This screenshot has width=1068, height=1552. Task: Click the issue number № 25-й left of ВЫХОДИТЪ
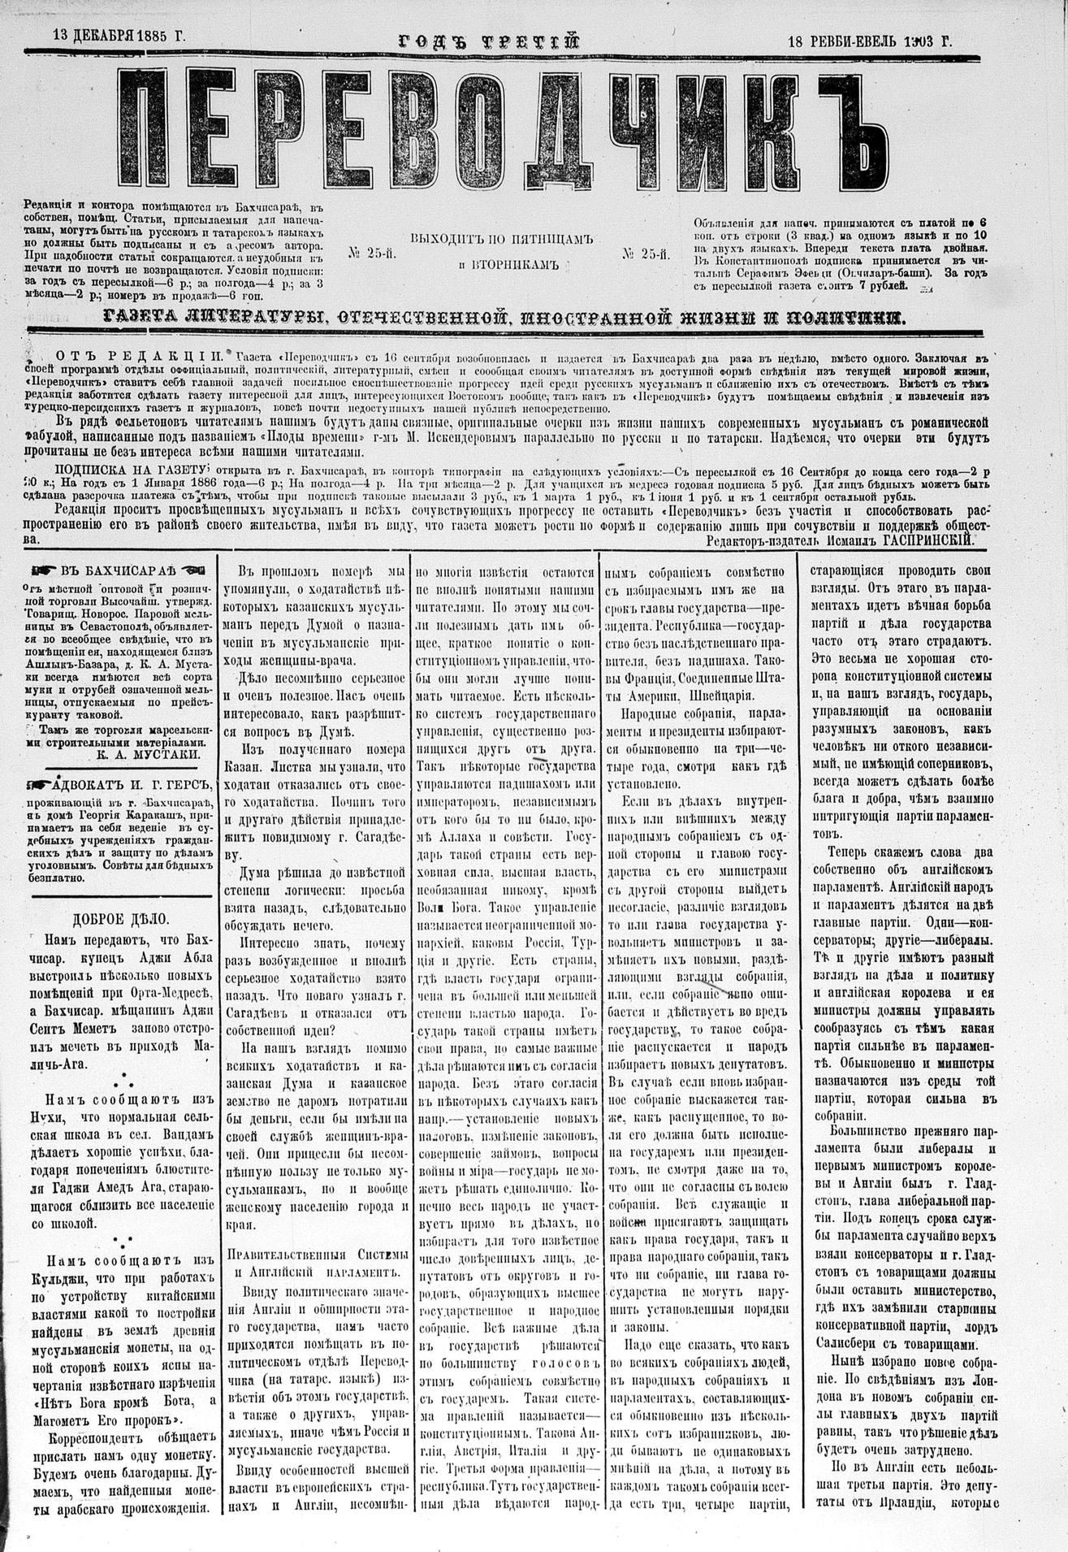click(372, 254)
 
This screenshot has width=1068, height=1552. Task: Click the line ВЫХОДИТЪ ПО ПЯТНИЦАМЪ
click(504, 239)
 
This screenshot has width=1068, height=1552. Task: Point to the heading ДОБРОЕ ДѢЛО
click(121, 920)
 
